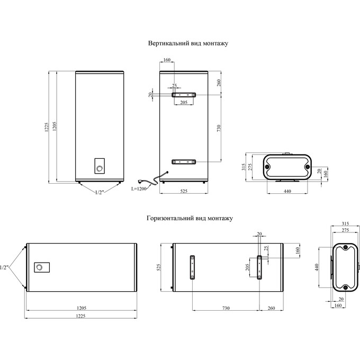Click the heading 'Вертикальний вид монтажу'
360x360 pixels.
point(188,43)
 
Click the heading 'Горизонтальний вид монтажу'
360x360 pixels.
point(190,218)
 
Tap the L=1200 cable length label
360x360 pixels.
point(139,188)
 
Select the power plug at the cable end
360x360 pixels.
point(140,182)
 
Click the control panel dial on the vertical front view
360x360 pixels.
point(100,169)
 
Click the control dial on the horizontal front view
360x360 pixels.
point(39,267)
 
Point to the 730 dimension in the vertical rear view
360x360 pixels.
point(219,128)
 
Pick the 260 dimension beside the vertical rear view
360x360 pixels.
point(219,83)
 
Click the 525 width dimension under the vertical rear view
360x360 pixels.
point(184,191)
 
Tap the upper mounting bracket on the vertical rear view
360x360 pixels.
point(184,95)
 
